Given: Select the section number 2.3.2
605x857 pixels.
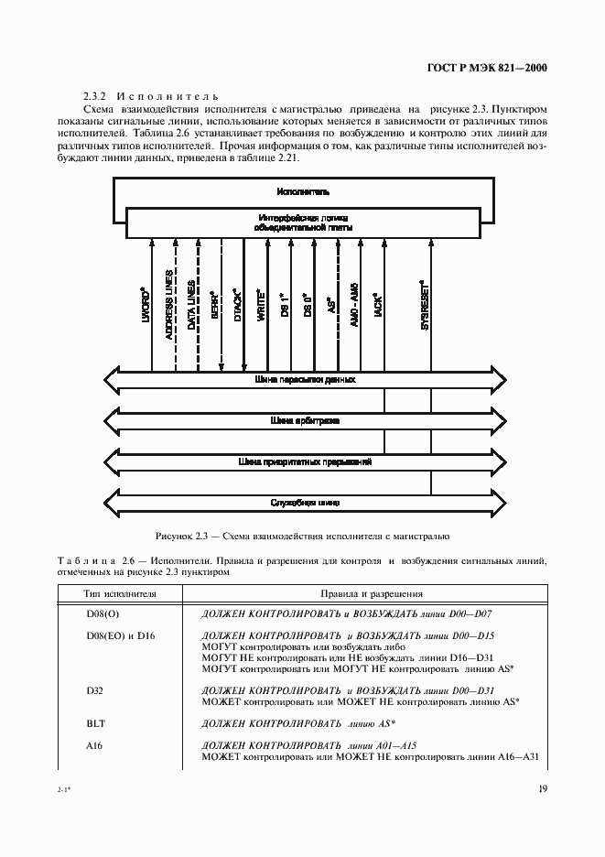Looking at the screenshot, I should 95,95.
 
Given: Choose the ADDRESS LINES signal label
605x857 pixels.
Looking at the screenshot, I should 170,306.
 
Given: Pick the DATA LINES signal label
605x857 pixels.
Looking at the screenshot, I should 192,305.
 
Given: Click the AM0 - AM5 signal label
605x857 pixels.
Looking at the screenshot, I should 353,302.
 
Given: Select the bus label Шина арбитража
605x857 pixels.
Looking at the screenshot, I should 305,421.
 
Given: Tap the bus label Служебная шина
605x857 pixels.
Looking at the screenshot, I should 305,502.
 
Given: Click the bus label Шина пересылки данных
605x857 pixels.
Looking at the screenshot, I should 305,378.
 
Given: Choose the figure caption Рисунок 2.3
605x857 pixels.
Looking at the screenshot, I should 302,536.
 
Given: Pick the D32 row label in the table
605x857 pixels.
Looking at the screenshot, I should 96,689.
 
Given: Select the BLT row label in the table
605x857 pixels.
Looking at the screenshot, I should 96,722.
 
